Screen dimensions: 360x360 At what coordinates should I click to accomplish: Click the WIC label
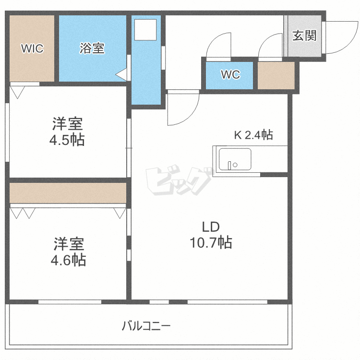point(32,48)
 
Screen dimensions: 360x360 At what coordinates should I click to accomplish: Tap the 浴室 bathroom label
point(92,48)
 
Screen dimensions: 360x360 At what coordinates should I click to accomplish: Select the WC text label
point(230,74)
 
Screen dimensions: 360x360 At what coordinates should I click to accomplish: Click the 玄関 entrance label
point(304,36)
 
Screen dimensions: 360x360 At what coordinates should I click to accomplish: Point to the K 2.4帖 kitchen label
point(253,135)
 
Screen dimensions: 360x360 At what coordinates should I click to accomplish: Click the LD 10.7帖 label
point(211,235)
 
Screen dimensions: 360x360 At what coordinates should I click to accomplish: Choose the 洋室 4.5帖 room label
point(67,132)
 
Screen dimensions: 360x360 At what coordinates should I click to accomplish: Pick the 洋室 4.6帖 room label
point(68,252)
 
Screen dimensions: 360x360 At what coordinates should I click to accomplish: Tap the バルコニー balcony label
point(146,326)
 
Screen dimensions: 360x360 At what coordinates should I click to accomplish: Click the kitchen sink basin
point(235,159)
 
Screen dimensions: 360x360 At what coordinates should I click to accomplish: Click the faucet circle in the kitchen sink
point(235,165)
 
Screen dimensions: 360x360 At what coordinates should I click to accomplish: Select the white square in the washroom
point(145,30)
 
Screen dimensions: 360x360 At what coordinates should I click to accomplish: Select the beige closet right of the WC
point(276,75)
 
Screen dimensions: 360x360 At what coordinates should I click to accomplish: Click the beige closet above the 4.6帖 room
point(68,193)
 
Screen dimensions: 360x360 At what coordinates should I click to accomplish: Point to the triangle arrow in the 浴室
point(121,74)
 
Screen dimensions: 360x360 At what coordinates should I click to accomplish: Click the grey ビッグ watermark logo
point(179,180)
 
